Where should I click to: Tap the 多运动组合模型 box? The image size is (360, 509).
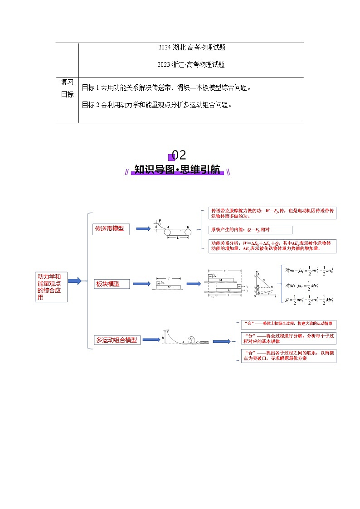[117, 339]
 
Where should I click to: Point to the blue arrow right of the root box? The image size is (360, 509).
[74, 281]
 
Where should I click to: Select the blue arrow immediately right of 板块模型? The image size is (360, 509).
[141, 284]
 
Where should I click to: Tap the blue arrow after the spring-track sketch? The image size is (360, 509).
[222, 341]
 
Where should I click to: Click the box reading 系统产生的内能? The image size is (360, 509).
[250, 230]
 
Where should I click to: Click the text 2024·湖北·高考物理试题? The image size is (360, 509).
[192, 48]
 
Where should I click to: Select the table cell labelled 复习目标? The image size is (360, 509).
[67, 88]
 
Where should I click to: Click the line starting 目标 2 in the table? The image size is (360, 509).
[157, 105]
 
